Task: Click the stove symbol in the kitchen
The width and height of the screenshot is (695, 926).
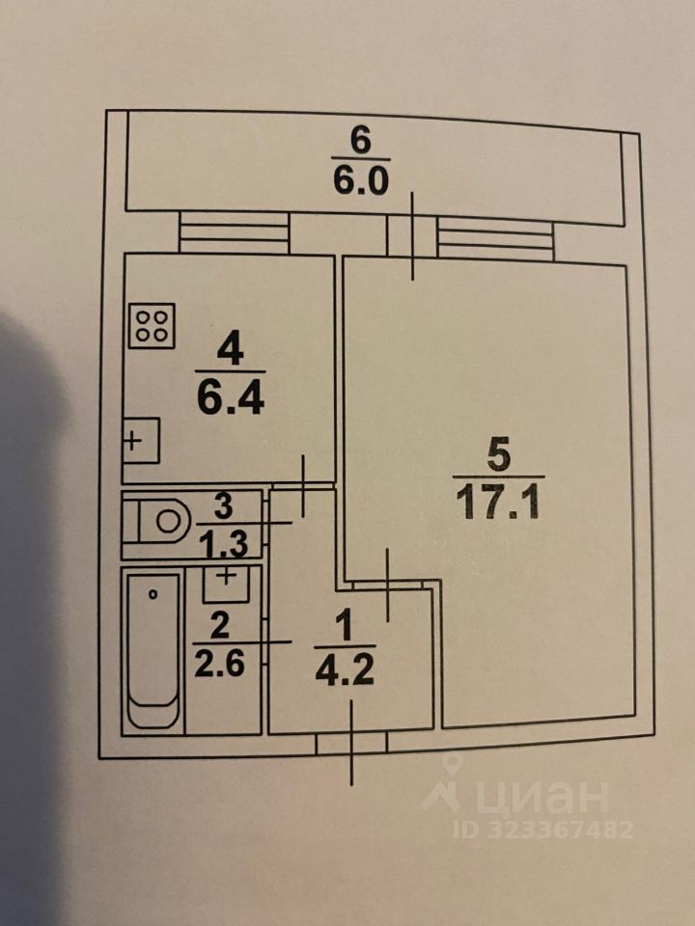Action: point(152,327)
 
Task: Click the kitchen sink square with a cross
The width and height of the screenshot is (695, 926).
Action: point(140,441)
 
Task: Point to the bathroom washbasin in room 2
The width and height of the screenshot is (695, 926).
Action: point(228,581)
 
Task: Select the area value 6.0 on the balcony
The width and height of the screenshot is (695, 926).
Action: point(360,180)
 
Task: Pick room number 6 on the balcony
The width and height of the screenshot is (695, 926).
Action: point(360,140)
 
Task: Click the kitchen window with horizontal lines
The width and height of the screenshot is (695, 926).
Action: point(235,232)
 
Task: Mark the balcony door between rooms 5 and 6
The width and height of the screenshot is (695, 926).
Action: point(412,236)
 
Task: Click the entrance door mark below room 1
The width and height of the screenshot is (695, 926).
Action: point(351,743)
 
